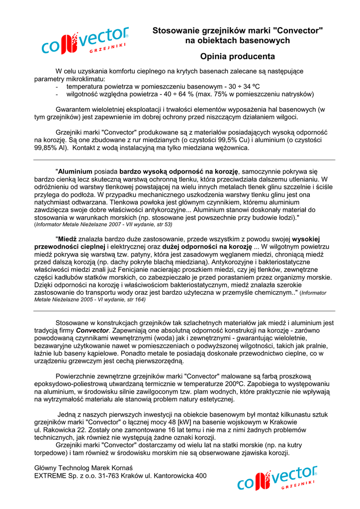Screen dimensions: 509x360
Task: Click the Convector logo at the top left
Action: click(x=85, y=42)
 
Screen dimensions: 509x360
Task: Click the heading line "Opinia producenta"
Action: click(x=237, y=57)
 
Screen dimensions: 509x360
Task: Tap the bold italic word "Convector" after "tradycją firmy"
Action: click(x=92, y=331)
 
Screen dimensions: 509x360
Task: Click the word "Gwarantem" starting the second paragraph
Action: click(x=72, y=109)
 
